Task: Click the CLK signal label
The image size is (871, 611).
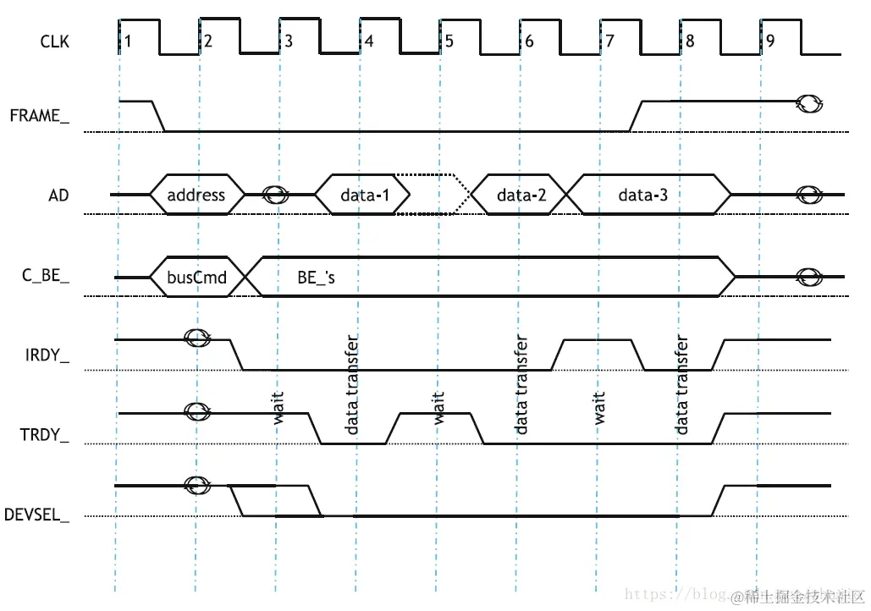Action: click(x=54, y=40)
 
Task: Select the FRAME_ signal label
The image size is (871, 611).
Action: click(x=39, y=116)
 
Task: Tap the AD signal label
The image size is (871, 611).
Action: click(x=58, y=195)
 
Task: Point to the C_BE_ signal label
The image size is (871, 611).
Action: click(x=47, y=277)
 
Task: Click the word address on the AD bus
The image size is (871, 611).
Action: click(x=196, y=195)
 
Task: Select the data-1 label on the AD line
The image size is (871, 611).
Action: click(x=365, y=195)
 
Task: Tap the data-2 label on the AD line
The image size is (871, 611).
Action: click(x=521, y=195)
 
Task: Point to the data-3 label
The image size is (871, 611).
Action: click(x=642, y=195)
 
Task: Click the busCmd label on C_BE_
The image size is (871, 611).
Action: click(x=196, y=277)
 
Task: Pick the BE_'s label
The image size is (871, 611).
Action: click(x=317, y=277)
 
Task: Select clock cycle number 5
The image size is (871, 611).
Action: click(x=449, y=41)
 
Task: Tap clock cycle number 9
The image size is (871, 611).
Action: click(x=769, y=41)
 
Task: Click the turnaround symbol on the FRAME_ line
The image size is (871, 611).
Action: click(x=809, y=103)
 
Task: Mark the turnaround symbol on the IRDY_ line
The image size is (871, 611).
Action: click(x=198, y=339)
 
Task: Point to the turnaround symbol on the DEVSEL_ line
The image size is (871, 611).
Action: click(x=196, y=486)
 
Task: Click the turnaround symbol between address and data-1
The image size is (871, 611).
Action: click(x=276, y=195)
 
